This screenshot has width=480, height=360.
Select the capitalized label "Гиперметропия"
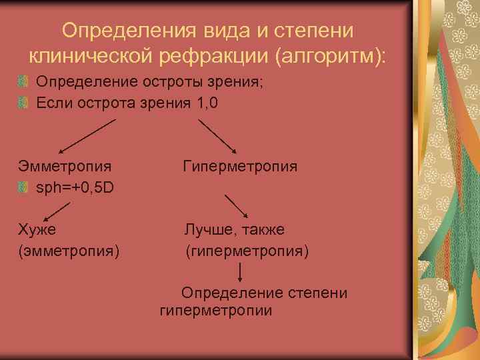(x=240, y=165)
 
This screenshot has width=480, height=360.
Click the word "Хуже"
(x=37, y=229)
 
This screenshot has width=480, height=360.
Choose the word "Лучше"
(x=207, y=229)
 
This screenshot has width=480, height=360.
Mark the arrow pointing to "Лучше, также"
(x=237, y=206)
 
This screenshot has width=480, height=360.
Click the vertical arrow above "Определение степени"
(x=241, y=272)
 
